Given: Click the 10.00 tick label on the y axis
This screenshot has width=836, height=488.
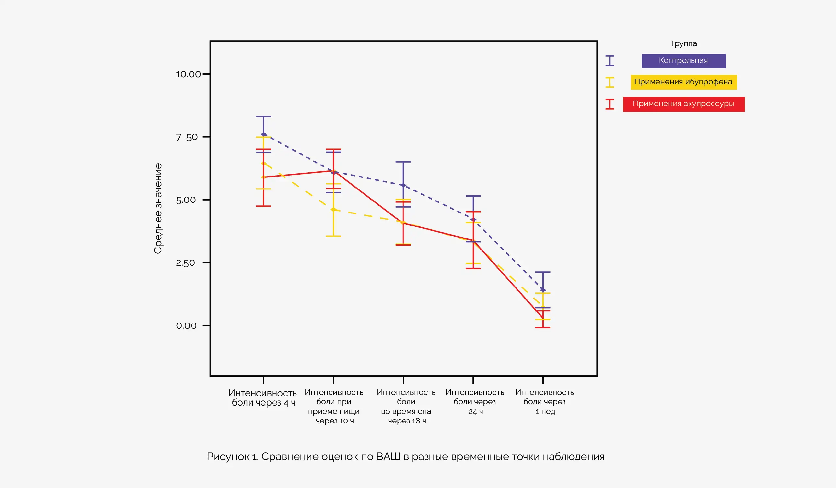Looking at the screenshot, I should tap(188, 74).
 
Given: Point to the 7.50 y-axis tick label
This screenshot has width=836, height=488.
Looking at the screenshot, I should tap(186, 137).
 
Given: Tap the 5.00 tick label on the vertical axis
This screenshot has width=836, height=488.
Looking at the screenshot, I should tap(186, 200).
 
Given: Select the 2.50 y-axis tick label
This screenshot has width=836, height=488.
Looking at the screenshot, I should tap(185, 263).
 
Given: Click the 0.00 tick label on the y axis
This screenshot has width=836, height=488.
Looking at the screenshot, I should tap(186, 325).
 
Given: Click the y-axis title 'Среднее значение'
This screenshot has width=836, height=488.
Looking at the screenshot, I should tap(158, 209).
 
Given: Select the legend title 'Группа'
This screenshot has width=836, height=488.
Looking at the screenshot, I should tap(684, 43).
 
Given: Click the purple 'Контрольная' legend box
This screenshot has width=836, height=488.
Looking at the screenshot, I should tap(683, 61).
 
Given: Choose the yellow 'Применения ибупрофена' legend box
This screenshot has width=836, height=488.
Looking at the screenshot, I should tap(683, 82).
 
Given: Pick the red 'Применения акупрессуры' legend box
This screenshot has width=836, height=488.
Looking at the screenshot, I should tap(683, 104).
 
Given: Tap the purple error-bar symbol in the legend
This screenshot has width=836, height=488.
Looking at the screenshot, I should tap(610, 61).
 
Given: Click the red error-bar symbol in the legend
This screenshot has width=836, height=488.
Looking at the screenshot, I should tap(610, 104).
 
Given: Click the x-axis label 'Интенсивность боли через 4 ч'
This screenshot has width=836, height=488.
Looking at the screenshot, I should tap(263, 398).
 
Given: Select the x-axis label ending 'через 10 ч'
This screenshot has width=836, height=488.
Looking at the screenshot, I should tap(334, 407).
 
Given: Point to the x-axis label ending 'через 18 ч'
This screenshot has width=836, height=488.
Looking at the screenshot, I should tap(406, 407).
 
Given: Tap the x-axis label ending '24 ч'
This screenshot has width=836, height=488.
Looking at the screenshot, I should tap(475, 402).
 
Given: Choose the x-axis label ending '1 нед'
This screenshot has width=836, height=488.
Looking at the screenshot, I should tap(544, 402).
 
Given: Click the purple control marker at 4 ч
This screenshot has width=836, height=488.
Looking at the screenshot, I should tap(264, 135).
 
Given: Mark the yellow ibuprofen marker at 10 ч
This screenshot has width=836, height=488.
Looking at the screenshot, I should tap(333, 210).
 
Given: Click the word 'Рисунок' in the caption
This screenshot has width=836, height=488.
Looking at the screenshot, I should tap(228, 457).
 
